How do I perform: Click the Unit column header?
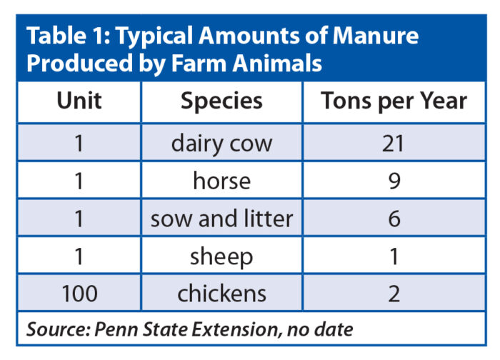tap(79, 101)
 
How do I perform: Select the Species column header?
tap(221, 101)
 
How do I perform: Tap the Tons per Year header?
tap(394, 101)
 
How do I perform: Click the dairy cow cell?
tap(221, 143)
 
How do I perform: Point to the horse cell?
tap(221, 181)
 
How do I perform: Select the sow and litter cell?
tap(221, 218)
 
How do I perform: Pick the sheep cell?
tap(221, 256)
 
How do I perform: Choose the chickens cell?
tap(221, 293)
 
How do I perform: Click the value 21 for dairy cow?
tap(394, 143)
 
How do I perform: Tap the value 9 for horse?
tap(394, 181)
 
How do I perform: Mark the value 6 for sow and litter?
tap(394, 218)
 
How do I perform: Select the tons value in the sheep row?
tap(394, 256)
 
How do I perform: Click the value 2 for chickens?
tap(394, 293)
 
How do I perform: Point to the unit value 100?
tap(79, 293)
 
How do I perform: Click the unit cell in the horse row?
tap(79, 181)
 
